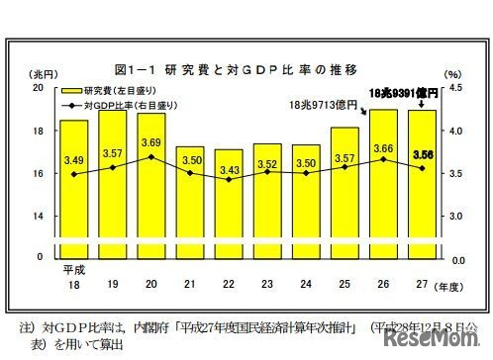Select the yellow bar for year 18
(x=74, y=188)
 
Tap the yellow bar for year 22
(x=229, y=203)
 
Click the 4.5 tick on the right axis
(x=454, y=88)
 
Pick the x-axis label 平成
(x=74, y=268)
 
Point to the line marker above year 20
(x=151, y=157)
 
